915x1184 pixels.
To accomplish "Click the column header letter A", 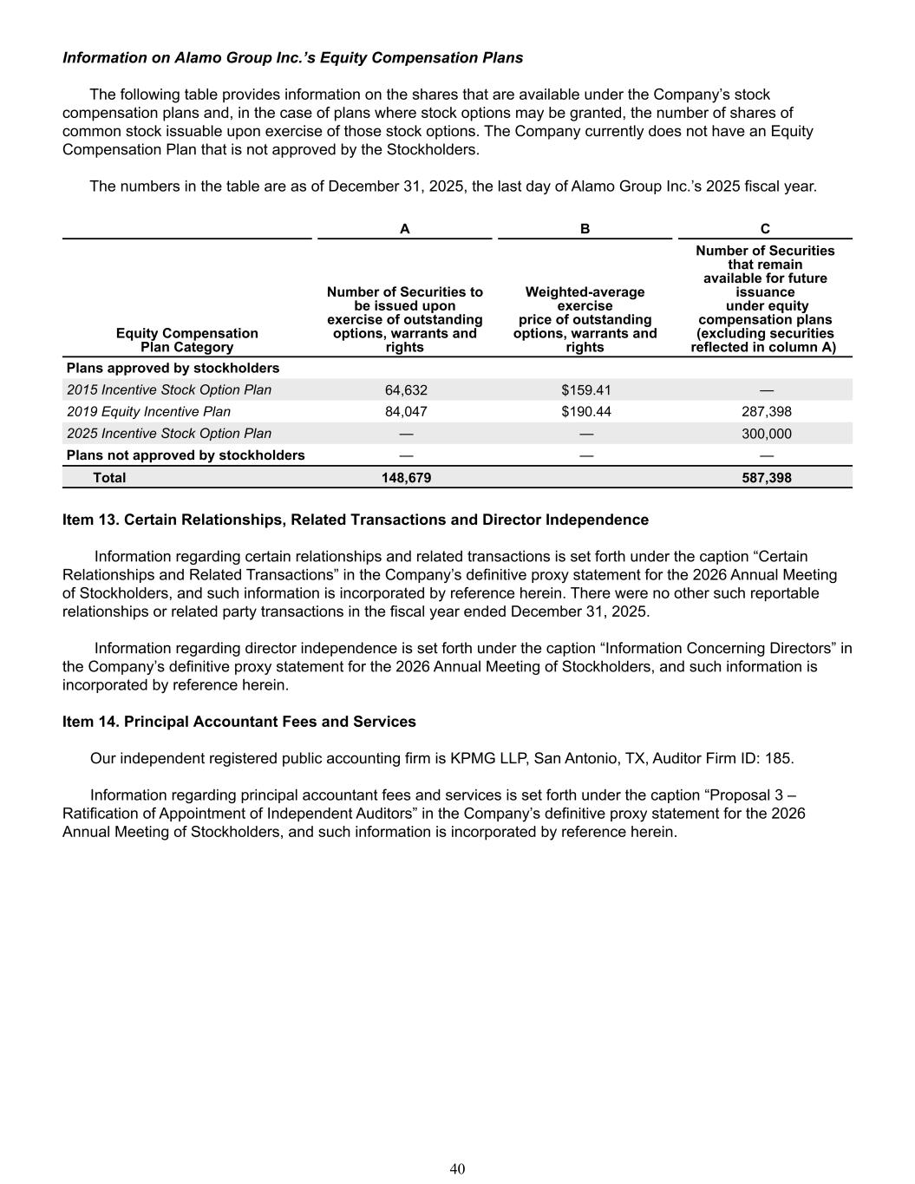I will pos(404,229).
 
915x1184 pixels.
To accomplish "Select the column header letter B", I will pos(585,229).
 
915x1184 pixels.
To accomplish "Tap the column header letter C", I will pos(765,229).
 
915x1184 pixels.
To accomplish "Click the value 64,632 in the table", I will pos(406,390).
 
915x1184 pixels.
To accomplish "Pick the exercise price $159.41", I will pos(585,390).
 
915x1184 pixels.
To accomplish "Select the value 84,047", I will pos(406,412).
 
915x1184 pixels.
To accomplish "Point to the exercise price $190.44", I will pos(585,412).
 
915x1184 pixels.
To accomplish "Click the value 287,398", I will pos(766,412).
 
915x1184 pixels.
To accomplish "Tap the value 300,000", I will pos(766,434).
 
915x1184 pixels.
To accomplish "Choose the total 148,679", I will pos(406,478).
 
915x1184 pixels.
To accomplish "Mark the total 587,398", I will pos(766,478).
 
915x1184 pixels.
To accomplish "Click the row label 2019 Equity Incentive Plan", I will pos(149,412).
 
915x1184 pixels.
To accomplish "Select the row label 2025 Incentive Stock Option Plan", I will pos(169,434).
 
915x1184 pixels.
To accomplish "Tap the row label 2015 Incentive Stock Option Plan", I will pos(169,390).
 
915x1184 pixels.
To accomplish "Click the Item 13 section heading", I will pos(356,520).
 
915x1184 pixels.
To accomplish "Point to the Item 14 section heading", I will pos(239,722).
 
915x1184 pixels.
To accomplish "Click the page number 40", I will pos(457,1169).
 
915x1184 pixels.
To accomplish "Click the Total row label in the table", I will pos(109,478).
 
